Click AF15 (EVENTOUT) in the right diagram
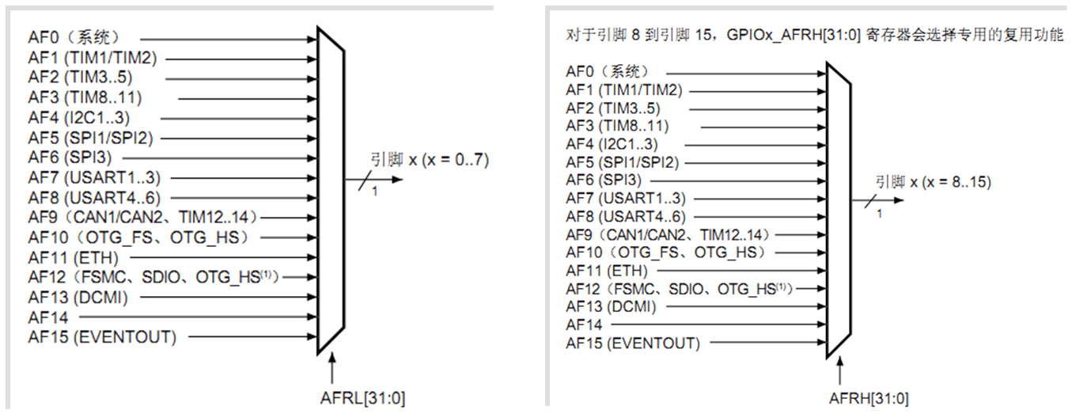point(632,344)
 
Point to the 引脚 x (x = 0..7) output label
point(430,160)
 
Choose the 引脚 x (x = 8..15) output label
point(934,182)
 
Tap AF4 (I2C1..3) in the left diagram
point(78,118)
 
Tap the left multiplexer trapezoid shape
point(331,189)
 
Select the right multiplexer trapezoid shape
point(838,210)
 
